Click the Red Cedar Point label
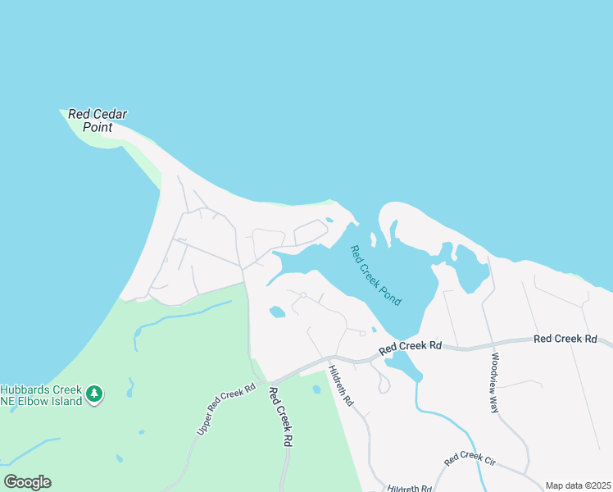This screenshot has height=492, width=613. [x=98, y=121]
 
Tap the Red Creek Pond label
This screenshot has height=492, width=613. [x=376, y=276]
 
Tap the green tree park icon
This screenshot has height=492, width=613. [x=95, y=395]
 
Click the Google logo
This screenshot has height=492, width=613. [x=27, y=482]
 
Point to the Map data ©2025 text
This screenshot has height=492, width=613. [x=578, y=485]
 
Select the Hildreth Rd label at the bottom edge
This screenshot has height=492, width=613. [x=410, y=488]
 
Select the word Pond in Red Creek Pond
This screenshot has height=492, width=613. [x=391, y=294]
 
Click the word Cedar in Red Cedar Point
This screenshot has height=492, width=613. [x=109, y=114]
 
